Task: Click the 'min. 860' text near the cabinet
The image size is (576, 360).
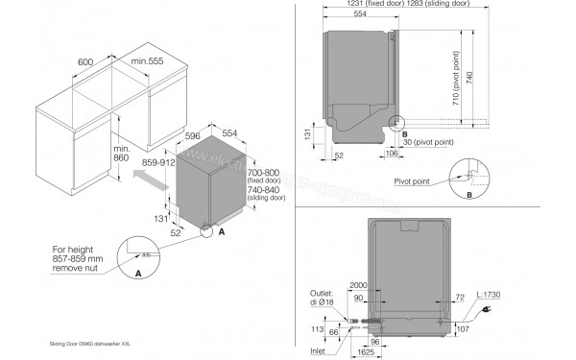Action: (x=120, y=155)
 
